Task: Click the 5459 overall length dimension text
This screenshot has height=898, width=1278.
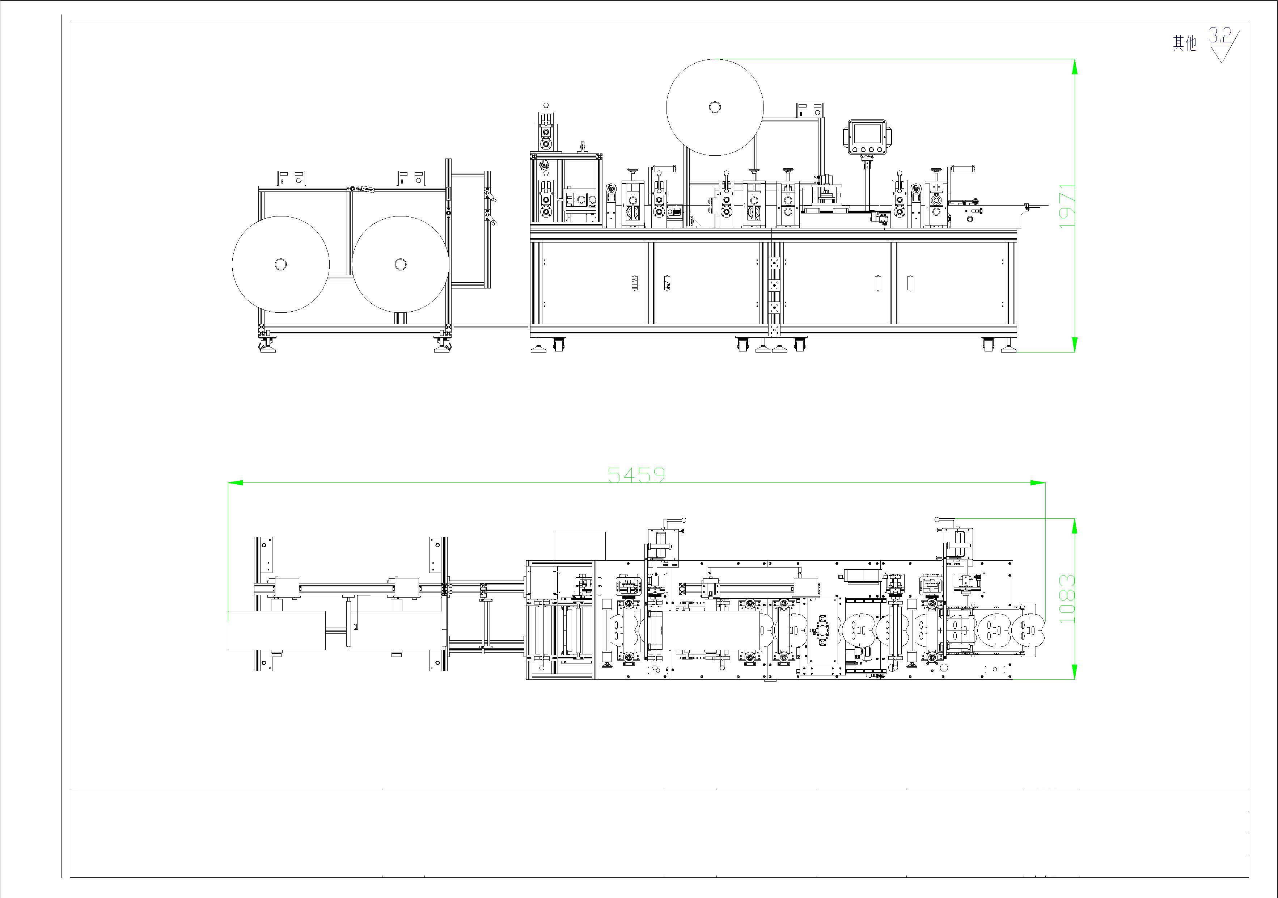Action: tap(636, 474)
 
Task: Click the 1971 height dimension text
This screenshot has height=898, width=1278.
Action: tap(1066, 206)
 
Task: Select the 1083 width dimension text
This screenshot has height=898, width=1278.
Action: tap(1066, 598)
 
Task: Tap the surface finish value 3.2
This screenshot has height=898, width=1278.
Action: tap(1219, 37)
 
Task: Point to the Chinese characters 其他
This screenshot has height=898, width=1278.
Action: tap(1185, 43)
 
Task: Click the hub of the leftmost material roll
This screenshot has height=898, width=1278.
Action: tap(280, 265)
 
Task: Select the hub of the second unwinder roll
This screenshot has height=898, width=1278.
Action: tap(400, 265)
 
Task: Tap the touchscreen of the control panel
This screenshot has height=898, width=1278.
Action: tap(867, 134)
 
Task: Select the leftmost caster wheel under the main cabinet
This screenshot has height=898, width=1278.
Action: tap(558, 345)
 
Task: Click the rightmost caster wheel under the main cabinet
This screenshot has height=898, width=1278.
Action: tap(988, 345)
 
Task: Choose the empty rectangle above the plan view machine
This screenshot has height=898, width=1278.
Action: tap(579, 545)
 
